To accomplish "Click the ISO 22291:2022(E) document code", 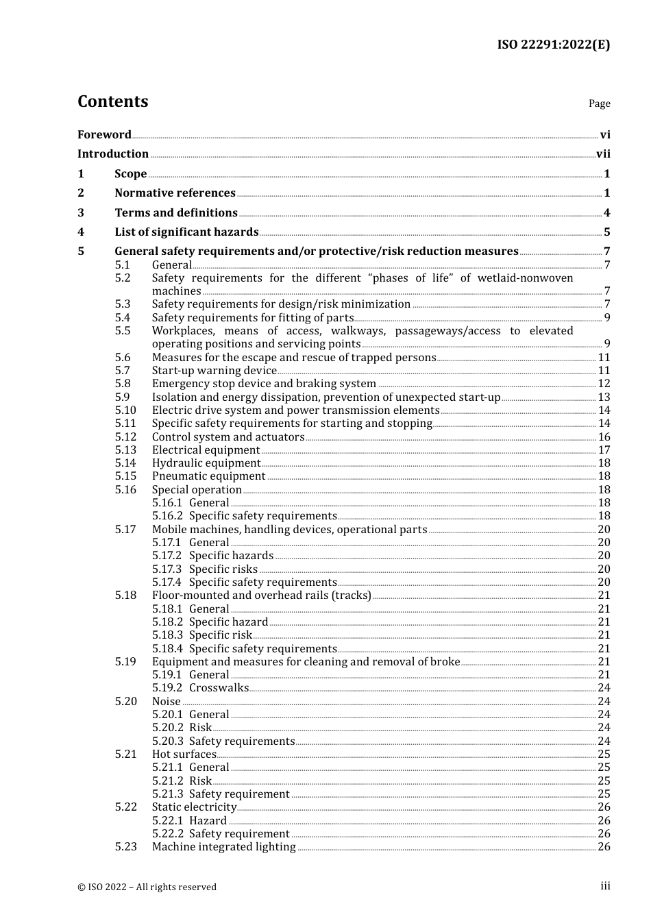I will tap(553, 45).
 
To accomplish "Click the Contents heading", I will tap(112, 101).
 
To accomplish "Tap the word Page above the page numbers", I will tap(599, 103).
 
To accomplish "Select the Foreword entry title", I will tap(104, 135).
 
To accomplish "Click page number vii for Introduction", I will tap(603, 154).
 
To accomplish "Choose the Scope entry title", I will tap(130, 174).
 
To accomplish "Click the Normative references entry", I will tap(175, 193).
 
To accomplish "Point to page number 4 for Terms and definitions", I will tap(606, 213).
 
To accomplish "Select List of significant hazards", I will tap(186, 232).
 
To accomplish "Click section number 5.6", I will tap(123, 358).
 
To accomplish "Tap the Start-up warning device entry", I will tap(214, 371).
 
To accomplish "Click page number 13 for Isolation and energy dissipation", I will tap(604, 397).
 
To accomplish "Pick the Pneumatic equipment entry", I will tap(208, 476).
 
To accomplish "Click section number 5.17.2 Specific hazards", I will tap(167, 556).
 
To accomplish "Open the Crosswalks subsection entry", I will tap(219, 688).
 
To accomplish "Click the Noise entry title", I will tap(167, 702).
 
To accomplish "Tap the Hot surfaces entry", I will tap(184, 754).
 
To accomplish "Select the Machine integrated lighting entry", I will tap(223, 847).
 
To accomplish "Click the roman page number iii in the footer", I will tap(605, 886).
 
